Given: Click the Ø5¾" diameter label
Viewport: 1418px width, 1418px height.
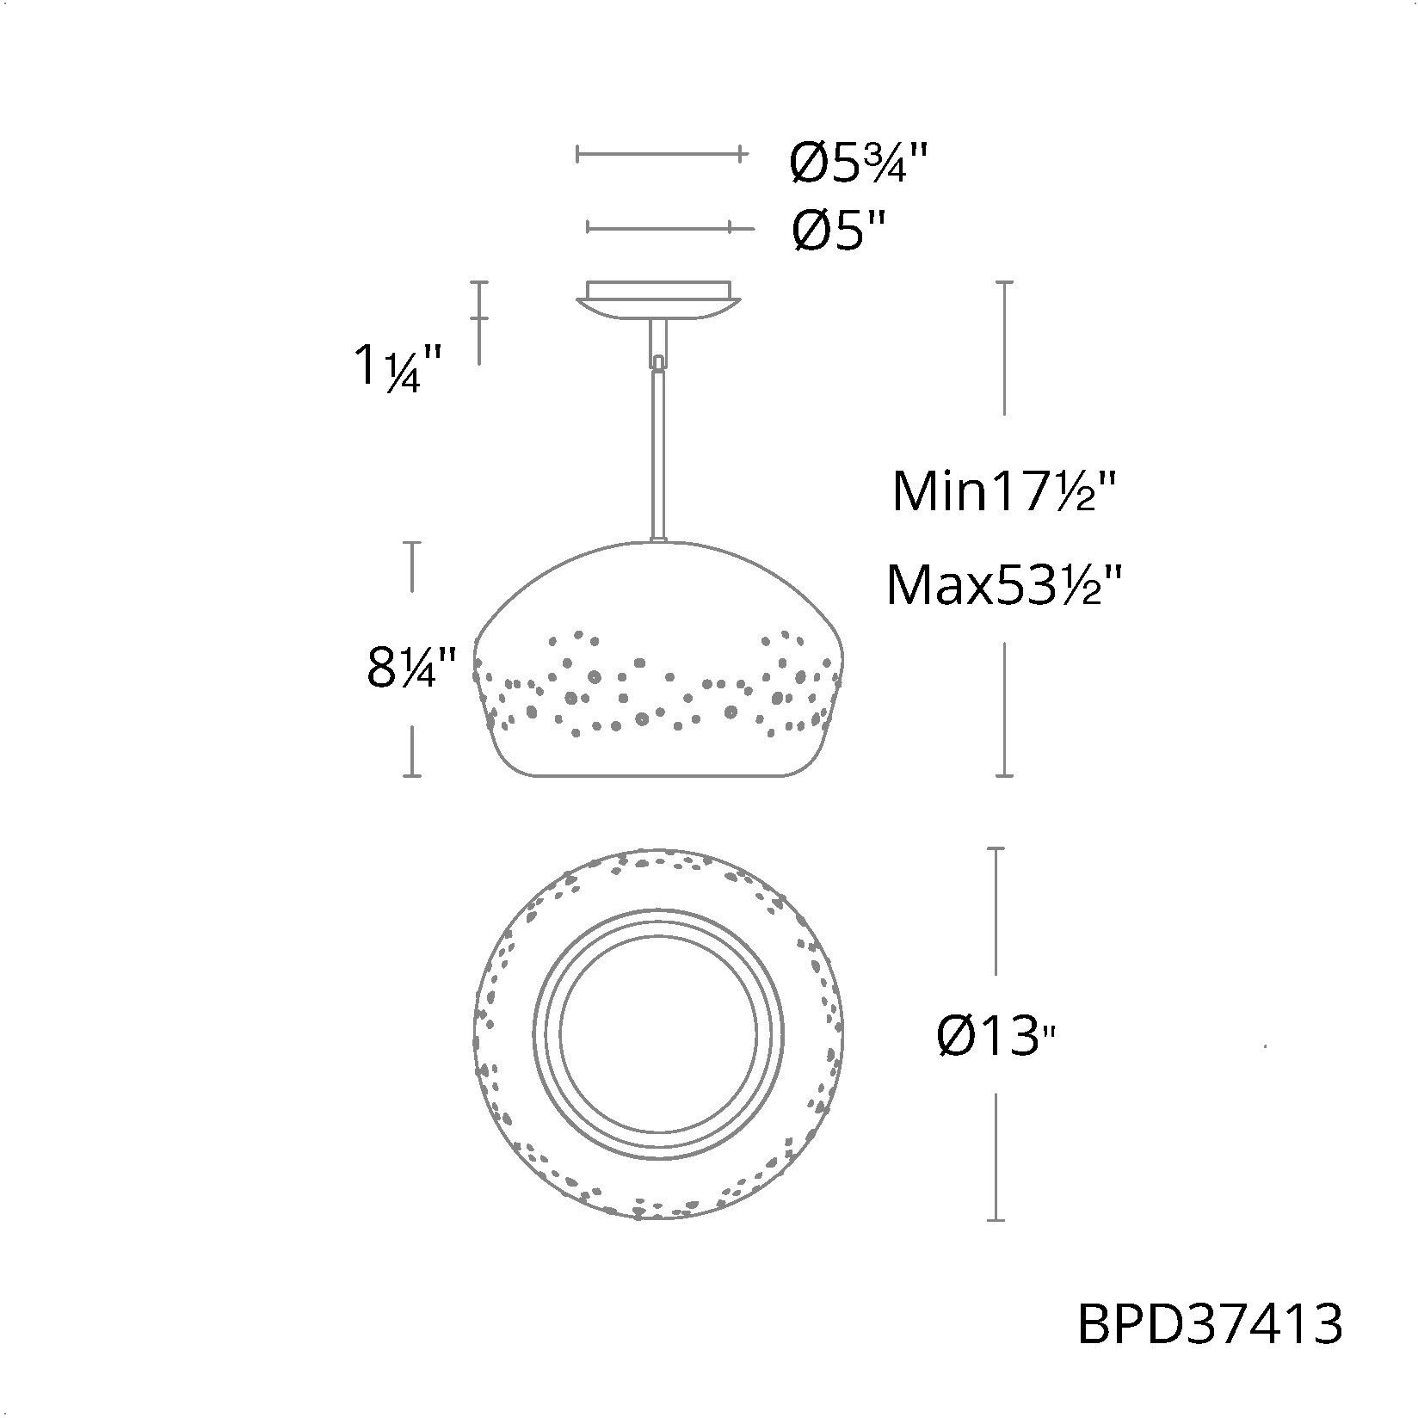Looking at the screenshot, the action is coord(860,162).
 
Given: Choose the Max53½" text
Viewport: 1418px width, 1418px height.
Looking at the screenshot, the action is coord(1004,585).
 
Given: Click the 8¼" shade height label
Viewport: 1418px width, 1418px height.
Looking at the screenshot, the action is coord(410,669).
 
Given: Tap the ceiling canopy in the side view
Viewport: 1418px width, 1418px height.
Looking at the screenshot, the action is coord(658,299).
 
